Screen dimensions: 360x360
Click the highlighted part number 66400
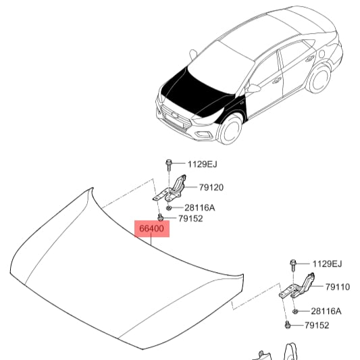[151, 228]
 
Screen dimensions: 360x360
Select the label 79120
[211, 187]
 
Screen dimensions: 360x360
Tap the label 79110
[338, 287]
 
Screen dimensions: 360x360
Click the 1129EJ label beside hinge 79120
[202, 164]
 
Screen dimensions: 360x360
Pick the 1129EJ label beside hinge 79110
[327, 264]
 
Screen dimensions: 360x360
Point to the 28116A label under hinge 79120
[200, 207]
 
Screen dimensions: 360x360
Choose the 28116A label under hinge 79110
[326, 311]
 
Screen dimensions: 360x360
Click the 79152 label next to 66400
[190, 219]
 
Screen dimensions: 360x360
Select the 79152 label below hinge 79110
[317, 325]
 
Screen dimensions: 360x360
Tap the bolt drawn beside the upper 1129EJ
[168, 165]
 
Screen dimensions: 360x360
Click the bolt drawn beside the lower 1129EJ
[293, 265]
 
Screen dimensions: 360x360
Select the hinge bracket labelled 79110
[297, 286]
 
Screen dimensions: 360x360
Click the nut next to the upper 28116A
[169, 208]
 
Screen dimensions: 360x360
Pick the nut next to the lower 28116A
[295, 311]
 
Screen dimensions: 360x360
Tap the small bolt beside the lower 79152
[287, 325]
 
